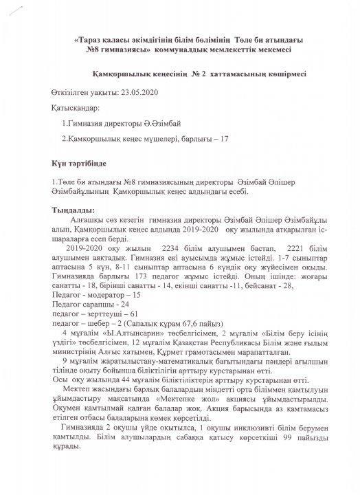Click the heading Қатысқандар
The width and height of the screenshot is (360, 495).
click(75, 109)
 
